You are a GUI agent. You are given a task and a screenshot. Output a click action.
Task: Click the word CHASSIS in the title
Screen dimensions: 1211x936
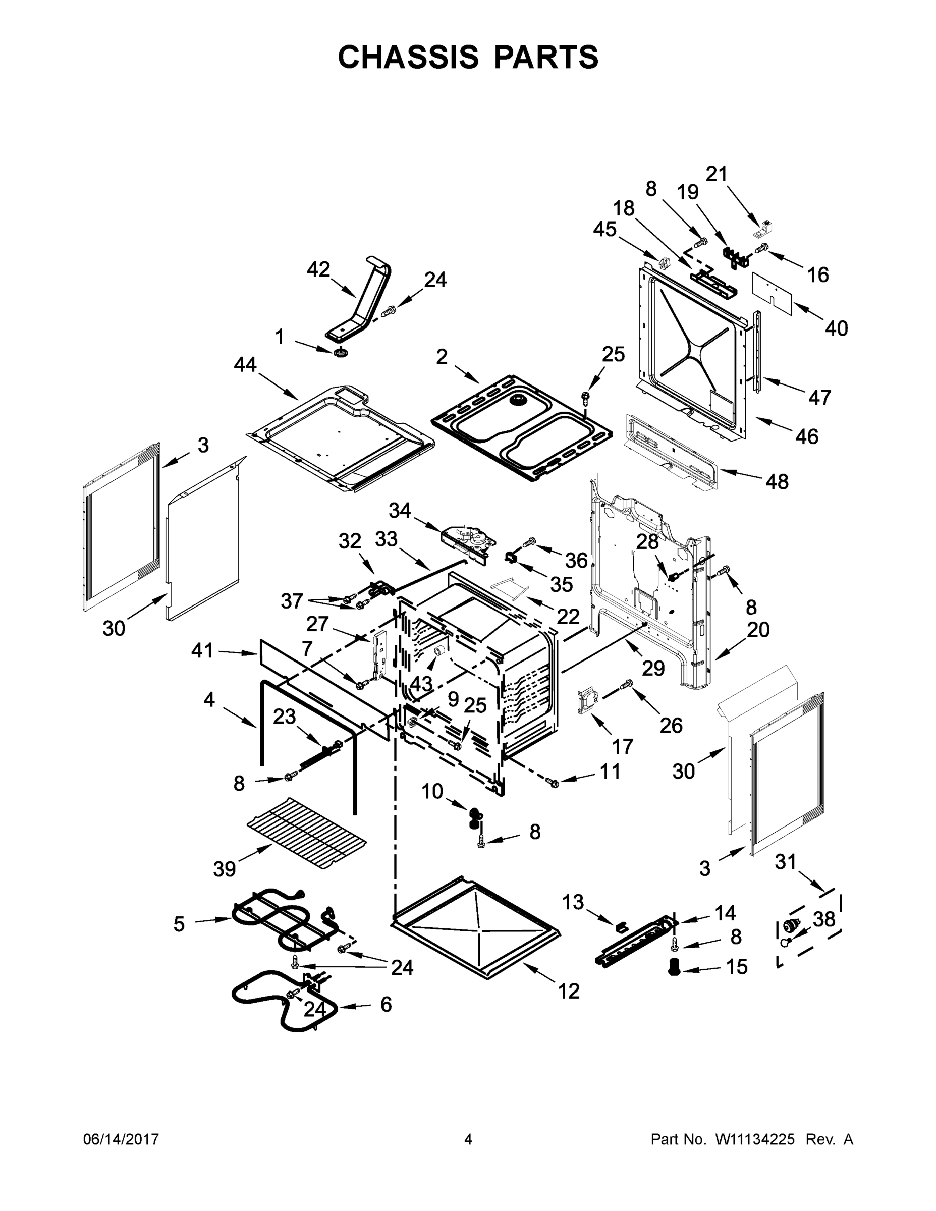coord(408,57)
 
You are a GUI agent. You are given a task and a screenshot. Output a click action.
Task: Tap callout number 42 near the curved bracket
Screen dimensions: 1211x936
coord(318,269)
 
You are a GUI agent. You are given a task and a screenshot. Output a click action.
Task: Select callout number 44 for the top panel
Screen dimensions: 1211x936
coord(245,364)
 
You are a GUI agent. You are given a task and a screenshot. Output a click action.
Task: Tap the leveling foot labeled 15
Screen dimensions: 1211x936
coord(674,966)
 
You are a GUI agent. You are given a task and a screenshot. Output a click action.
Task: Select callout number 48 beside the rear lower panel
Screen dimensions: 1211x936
coord(777,481)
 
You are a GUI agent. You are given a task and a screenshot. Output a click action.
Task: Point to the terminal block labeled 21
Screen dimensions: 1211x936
coord(765,228)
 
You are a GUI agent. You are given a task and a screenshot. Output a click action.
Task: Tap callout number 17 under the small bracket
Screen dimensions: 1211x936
coord(622,746)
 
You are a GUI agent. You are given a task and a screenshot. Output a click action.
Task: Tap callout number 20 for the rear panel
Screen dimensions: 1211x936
coord(758,629)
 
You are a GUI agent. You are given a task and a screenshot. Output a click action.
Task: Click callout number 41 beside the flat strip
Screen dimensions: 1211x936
coord(202,650)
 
